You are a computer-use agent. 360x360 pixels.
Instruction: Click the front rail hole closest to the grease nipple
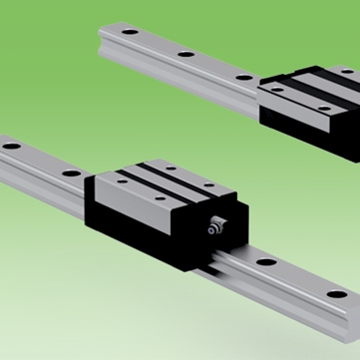point(265,263)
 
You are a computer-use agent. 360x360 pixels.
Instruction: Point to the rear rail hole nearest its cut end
point(130,33)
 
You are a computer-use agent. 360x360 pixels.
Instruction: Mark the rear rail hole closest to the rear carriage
point(243,76)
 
